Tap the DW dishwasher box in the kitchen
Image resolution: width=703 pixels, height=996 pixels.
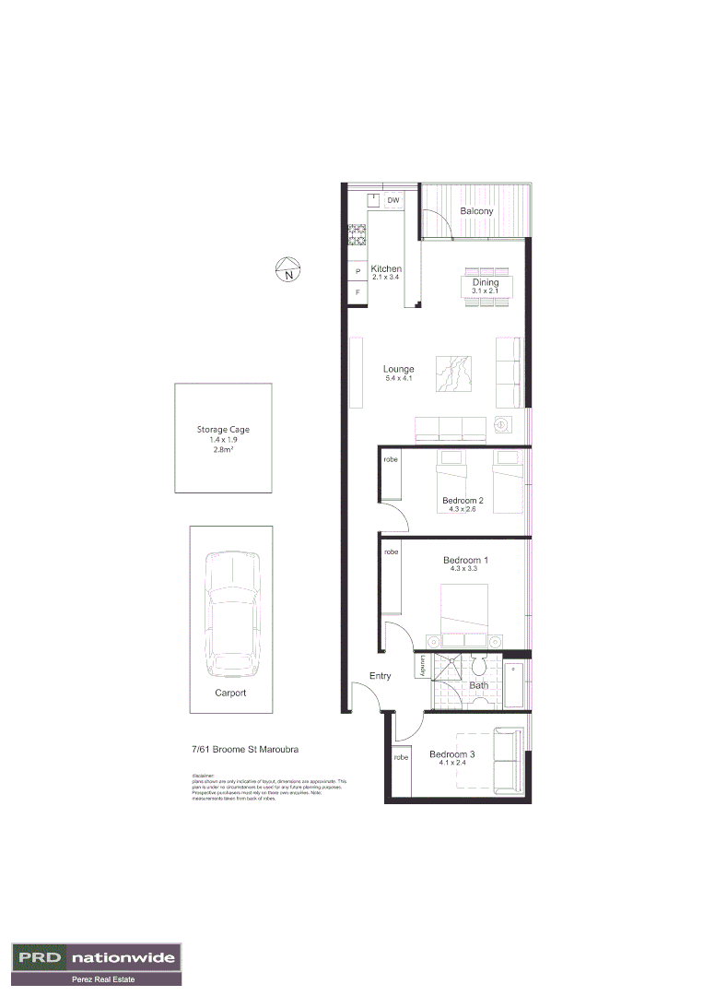(393, 200)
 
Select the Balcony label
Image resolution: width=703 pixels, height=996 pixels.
(476, 211)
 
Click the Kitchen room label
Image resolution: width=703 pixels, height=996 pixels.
(386, 269)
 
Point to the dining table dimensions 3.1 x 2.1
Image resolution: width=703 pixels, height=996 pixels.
(485, 291)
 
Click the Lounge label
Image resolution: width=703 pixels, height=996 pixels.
(399, 369)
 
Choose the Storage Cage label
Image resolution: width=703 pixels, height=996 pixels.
(223, 430)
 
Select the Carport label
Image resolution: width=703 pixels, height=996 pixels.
(230, 693)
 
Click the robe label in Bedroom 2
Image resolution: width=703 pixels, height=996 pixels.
(391, 458)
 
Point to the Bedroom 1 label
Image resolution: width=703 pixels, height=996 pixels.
(465, 561)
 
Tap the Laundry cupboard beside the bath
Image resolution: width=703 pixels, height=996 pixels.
(420, 666)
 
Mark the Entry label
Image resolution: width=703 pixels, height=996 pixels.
(381, 676)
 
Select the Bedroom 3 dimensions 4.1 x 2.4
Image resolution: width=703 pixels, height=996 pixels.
(452, 764)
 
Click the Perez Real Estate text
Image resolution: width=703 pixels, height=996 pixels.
(97, 979)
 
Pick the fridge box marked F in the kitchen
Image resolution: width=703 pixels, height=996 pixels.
(357, 292)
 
